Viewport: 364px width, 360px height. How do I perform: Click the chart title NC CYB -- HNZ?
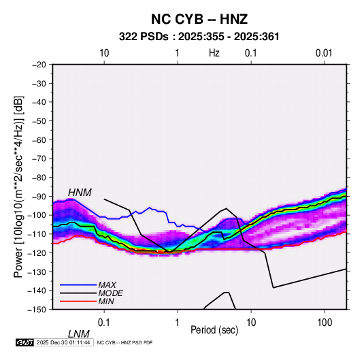(x=199, y=19)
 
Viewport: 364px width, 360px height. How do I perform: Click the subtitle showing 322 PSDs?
(x=199, y=37)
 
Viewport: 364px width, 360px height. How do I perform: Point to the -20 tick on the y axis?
(x=39, y=65)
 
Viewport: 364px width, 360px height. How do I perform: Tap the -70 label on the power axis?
(x=39, y=159)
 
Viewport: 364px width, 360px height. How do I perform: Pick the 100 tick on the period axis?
(x=325, y=323)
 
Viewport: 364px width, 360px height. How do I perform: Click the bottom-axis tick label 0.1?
(x=104, y=323)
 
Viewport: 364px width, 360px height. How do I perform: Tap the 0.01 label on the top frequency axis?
(x=324, y=53)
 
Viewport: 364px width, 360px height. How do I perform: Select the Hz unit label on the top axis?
(x=214, y=53)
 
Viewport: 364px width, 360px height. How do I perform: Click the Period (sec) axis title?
(x=214, y=330)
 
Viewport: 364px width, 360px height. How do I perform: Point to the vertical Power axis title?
(x=18, y=186)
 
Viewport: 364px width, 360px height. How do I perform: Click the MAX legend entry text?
(x=107, y=285)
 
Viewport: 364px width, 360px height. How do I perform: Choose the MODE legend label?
(x=110, y=293)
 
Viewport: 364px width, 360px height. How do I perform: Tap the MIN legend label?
(x=106, y=301)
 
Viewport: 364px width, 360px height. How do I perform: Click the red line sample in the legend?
(x=78, y=301)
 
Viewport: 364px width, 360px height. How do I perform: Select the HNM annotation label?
(x=80, y=193)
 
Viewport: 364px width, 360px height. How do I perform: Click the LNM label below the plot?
(x=79, y=334)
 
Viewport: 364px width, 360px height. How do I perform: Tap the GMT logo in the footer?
(x=25, y=342)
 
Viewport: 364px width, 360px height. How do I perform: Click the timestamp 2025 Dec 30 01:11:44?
(x=63, y=342)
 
